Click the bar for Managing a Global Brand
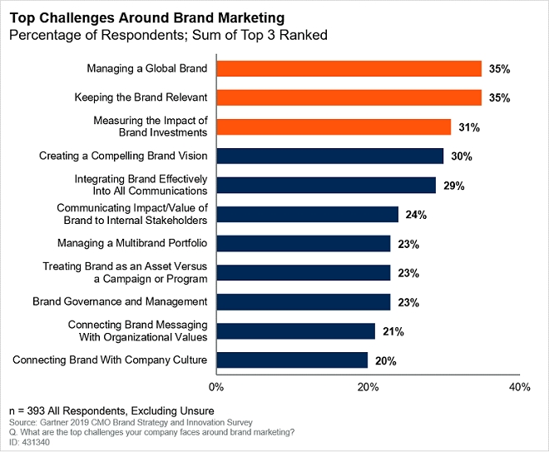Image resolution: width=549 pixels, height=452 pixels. (x=349, y=68)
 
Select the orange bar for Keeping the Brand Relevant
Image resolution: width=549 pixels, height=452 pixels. (x=349, y=97)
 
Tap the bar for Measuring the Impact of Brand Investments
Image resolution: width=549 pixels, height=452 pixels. (x=334, y=127)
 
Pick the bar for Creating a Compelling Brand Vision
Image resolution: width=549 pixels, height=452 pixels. (x=330, y=156)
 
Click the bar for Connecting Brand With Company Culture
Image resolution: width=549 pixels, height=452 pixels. (x=292, y=360)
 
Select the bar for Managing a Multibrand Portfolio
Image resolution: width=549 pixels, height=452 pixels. (x=304, y=243)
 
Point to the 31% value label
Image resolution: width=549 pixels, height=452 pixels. (x=467, y=127)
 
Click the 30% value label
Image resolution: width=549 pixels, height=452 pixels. (x=460, y=156)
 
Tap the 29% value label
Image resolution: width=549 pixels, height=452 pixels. (x=453, y=185)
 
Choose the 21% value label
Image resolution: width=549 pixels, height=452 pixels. (x=392, y=330)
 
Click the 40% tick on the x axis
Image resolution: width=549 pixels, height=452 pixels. (x=519, y=387)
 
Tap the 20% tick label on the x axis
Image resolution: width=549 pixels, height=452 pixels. (x=368, y=387)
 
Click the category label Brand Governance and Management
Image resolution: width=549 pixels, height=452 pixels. (x=119, y=301)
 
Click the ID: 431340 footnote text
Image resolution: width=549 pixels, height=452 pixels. (x=31, y=444)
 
